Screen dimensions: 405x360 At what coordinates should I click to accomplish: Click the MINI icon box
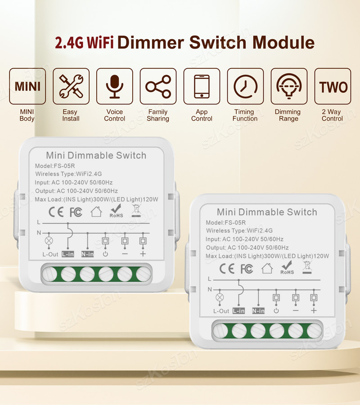click(27, 86)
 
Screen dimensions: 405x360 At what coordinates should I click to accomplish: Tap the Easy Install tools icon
click(71, 86)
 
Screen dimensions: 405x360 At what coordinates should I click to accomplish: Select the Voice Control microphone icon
click(115, 86)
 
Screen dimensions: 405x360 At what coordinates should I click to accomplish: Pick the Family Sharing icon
click(158, 86)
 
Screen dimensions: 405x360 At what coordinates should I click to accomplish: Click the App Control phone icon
click(202, 86)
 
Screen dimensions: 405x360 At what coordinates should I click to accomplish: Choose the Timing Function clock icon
click(245, 86)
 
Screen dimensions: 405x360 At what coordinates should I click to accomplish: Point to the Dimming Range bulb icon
click(289, 86)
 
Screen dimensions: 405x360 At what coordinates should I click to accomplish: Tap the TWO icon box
click(333, 86)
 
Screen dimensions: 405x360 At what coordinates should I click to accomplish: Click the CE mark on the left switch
click(56, 211)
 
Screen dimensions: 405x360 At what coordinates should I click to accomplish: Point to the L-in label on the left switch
click(68, 254)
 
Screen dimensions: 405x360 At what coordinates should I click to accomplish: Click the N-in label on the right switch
click(258, 310)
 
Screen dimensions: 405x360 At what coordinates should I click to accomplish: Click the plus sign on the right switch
click(314, 310)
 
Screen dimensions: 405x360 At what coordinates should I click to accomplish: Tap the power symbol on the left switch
click(105, 254)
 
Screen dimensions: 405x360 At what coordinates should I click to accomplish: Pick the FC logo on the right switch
click(247, 269)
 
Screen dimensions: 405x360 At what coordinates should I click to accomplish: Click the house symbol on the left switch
click(96, 211)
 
